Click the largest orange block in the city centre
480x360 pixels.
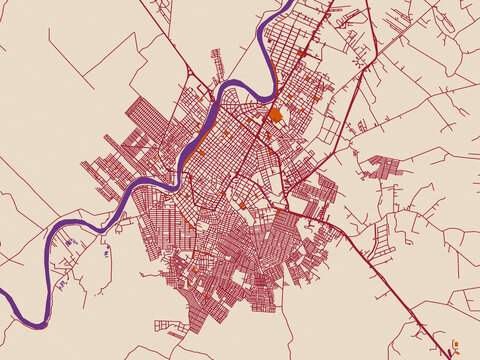[x=275, y=115]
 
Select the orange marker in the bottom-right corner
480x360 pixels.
[x=455, y=345]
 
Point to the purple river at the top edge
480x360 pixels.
[x=286, y=8]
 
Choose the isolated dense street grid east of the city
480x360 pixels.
[x=381, y=167]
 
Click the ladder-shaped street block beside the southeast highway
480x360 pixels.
[x=381, y=236]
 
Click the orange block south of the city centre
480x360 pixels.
[x=243, y=205]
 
